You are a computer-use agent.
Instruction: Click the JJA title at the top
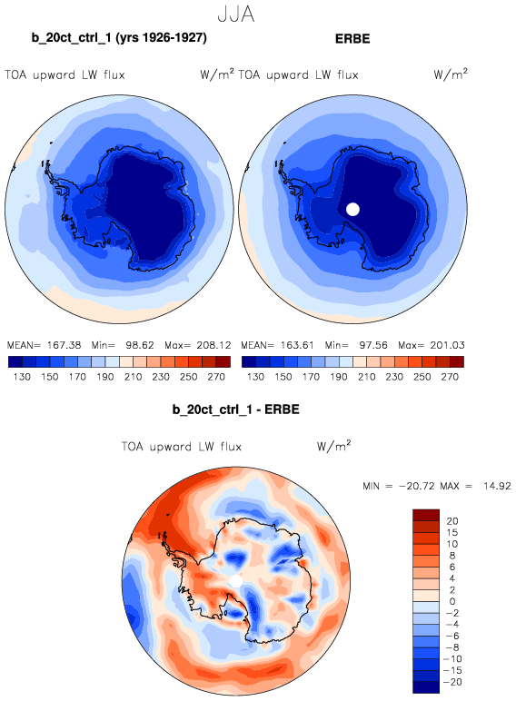[x=236, y=15]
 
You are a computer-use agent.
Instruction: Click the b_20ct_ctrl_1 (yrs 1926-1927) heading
[x=119, y=37]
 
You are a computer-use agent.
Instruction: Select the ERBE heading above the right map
[x=352, y=39]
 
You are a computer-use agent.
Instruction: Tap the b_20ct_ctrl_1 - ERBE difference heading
[x=235, y=410]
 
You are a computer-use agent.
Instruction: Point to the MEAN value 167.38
[x=64, y=345]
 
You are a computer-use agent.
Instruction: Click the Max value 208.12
[x=213, y=345]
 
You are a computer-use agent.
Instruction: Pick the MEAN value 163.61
[x=297, y=345]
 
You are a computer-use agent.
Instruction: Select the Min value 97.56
[x=373, y=345]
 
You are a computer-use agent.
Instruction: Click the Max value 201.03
[x=447, y=345]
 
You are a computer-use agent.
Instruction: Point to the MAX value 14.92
[x=497, y=486]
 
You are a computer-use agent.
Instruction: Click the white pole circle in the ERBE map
[x=352, y=209]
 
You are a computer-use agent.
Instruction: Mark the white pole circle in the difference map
[x=235, y=581]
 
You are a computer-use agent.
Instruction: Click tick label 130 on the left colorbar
[x=22, y=377]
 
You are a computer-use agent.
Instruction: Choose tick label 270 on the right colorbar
[x=450, y=377]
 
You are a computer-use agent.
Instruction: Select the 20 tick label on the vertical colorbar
[x=452, y=521]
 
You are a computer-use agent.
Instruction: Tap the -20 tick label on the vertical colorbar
[x=452, y=682]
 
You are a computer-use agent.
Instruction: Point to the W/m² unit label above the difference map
[x=333, y=446]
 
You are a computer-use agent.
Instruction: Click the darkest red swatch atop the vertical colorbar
[x=426, y=515]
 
